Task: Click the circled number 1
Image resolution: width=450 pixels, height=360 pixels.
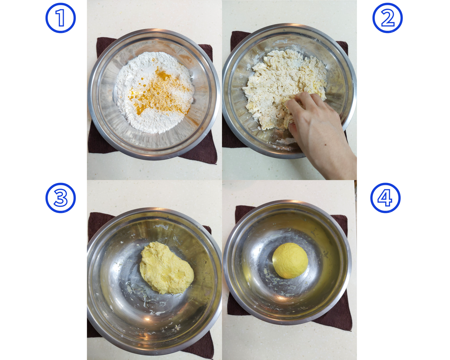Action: [60, 18]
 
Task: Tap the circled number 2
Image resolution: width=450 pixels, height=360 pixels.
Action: [387, 18]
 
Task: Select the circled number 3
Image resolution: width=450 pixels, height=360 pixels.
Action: [60, 198]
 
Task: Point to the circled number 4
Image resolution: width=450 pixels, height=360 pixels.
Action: [385, 198]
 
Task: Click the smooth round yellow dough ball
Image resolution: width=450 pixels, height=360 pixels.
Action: [290, 260]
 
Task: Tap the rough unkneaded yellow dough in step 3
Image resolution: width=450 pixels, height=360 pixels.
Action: [166, 268]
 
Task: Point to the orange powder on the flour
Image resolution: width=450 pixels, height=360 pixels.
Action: [159, 92]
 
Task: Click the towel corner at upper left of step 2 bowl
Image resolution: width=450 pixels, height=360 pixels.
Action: [232, 32]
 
